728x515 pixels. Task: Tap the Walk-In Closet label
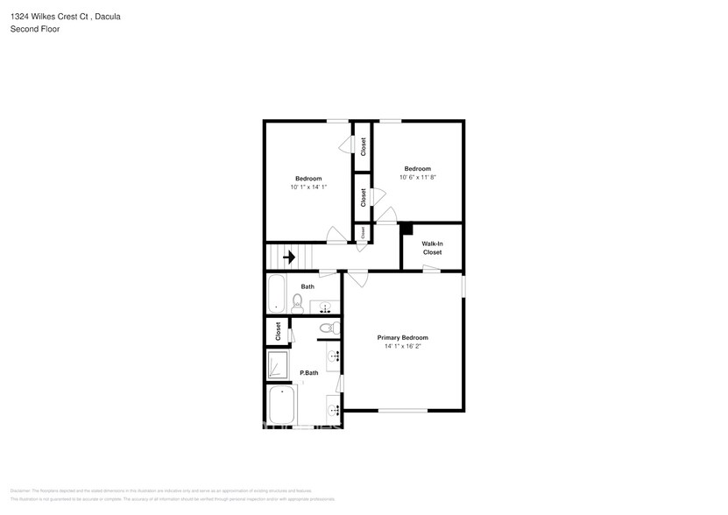point(432,248)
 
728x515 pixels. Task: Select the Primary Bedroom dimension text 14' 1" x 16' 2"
point(402,346)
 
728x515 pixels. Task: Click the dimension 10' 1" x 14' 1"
point(308,187)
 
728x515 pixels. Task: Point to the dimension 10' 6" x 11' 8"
point(417,177)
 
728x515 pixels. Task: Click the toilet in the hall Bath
point(298,304)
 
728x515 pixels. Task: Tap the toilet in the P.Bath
point(327,328)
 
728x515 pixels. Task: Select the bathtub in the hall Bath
point(277,293)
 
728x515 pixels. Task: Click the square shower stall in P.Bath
point(278,365)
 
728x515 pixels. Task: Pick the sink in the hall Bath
point(326,307)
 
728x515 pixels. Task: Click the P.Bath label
point(308,373)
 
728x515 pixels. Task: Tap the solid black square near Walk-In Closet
point(406,229)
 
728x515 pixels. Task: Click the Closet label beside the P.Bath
point(278,332)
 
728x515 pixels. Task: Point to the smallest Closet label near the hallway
point(360,232)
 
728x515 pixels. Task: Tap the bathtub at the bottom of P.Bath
point(282,406)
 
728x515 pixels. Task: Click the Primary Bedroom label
point(402,337)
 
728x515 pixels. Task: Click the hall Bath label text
point(307,286)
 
